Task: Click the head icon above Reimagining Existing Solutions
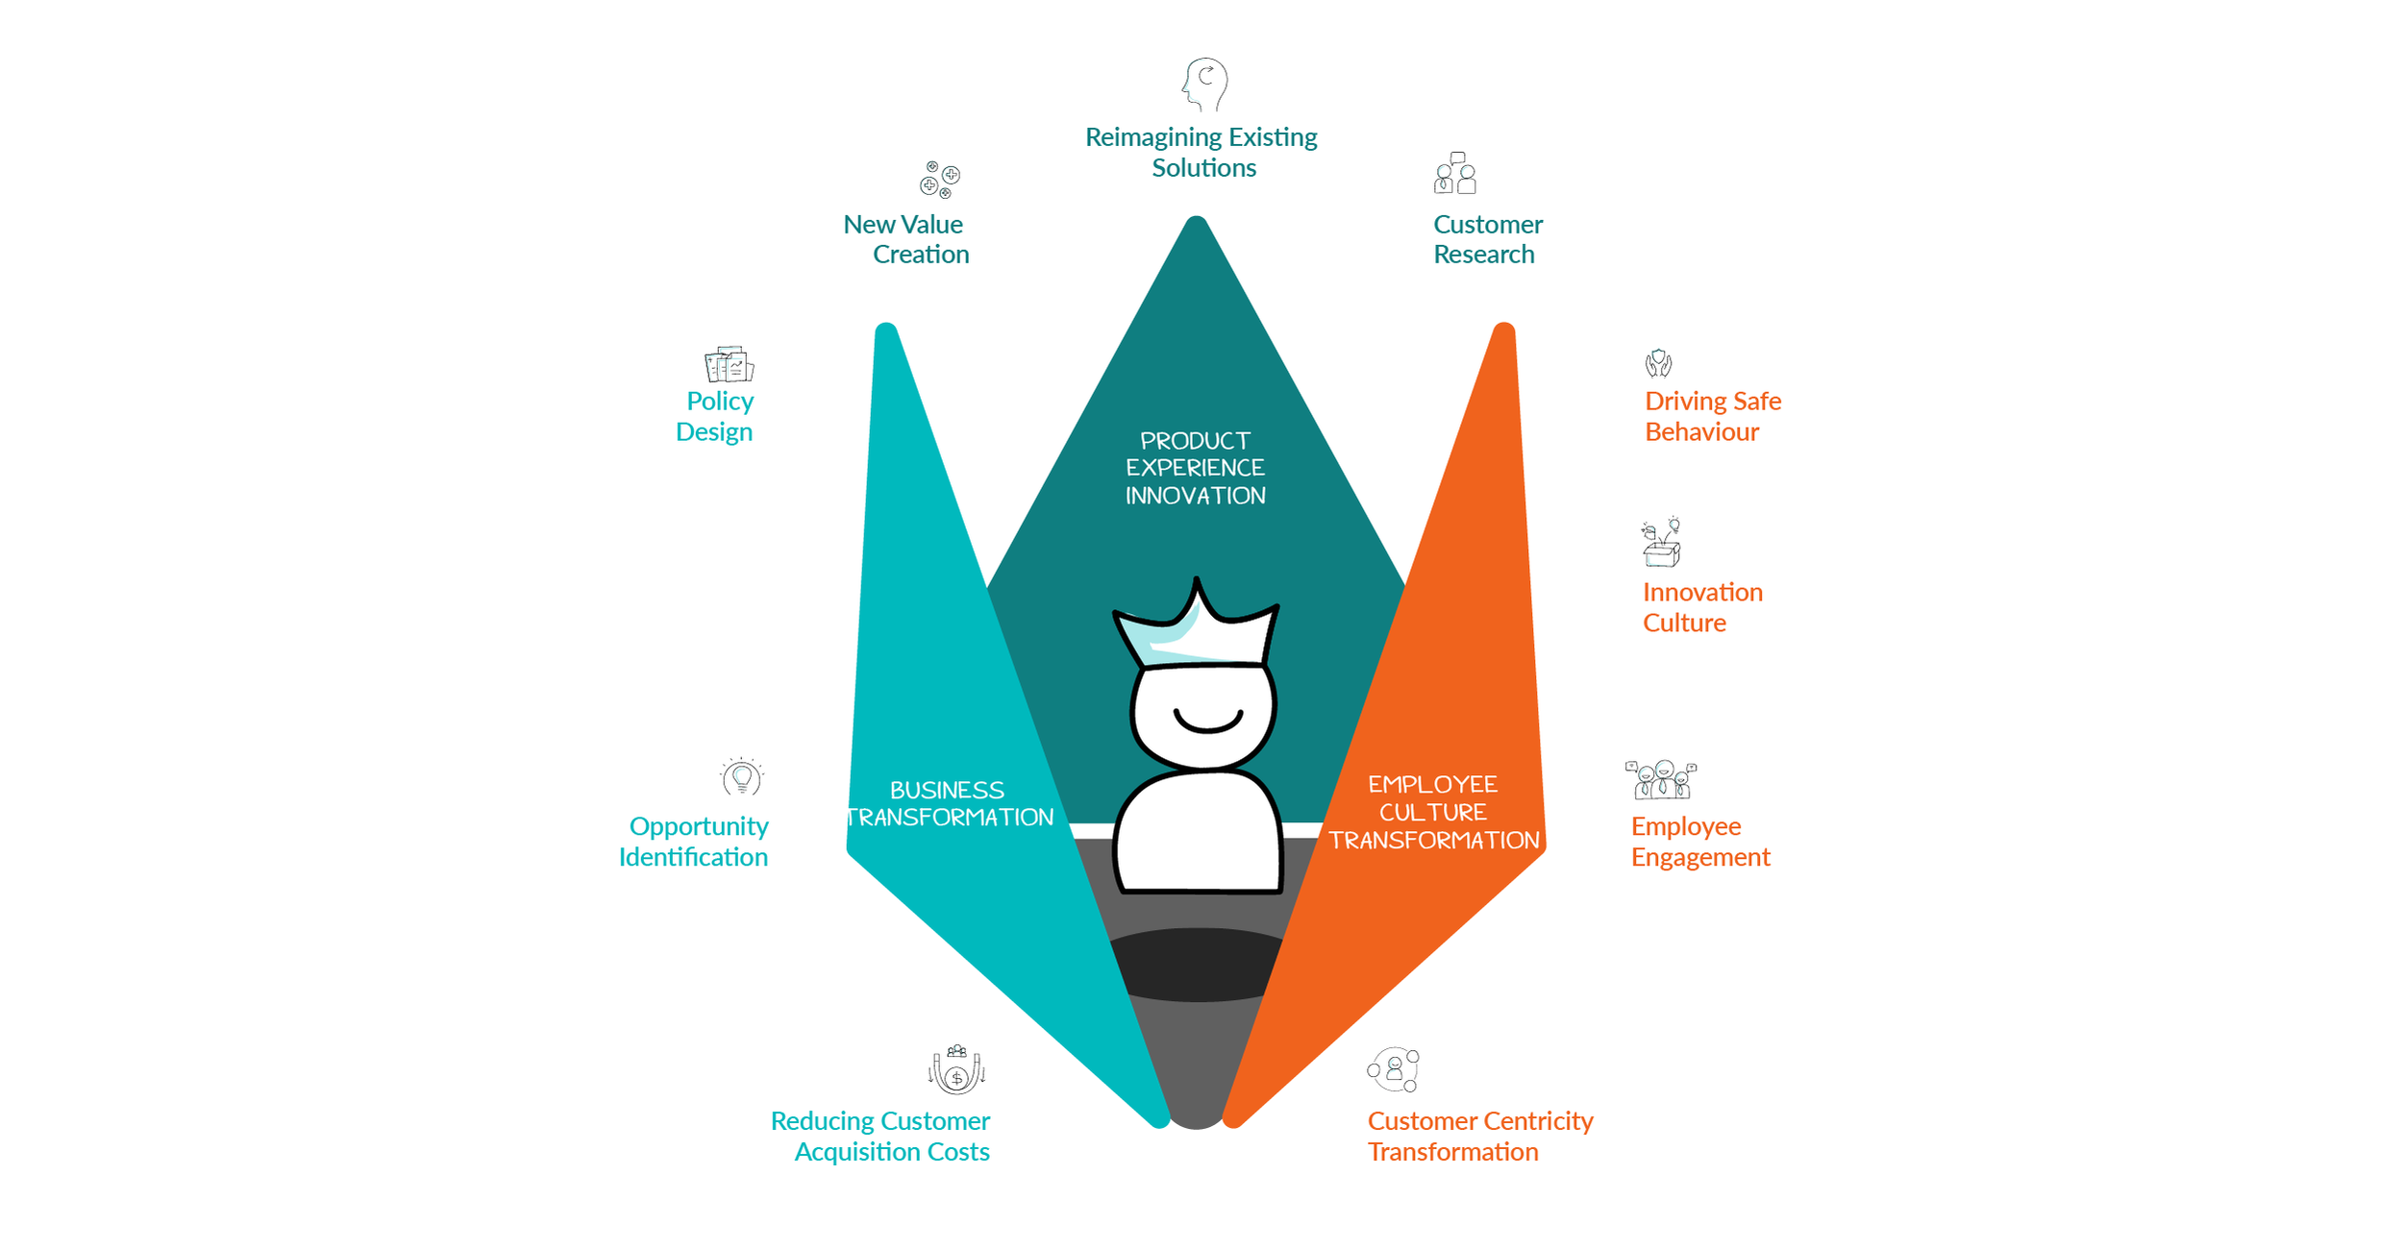point(1205,84)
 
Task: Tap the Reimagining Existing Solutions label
point(1201,152)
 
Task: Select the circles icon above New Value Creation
point(939,180)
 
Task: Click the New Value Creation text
point(906,239)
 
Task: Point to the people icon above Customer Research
point(1455,174)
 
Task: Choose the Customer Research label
point(1487,239)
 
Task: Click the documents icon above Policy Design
point(729,364)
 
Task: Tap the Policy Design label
point(715,416)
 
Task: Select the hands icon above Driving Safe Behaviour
point(1658,363)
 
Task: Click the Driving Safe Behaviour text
point(1712,416)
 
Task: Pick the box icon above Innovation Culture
point(1661,543)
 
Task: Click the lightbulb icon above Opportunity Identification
point(741,777)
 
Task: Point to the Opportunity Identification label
point(694,842)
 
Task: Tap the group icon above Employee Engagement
point(1660,780)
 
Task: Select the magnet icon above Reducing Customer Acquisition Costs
point(956,1069)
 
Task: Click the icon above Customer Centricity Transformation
point(1394,1070)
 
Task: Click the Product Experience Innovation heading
point(1195,468)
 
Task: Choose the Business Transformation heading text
point(949,803)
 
